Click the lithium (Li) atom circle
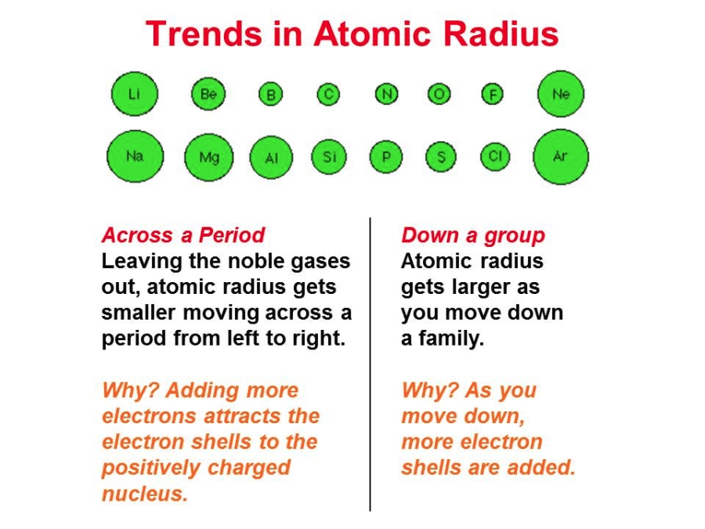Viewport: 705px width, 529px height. (135, 94)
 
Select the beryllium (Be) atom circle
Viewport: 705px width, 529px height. (208, 94)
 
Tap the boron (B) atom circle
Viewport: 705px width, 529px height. (271, 95)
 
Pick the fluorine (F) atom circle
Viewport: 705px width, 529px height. (493, 95)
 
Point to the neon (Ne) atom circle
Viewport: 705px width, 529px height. (561, 94)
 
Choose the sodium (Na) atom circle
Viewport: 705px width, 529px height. (135, 157)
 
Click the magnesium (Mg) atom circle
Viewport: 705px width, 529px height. (209, 158)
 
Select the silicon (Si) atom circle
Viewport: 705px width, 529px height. (329, 157)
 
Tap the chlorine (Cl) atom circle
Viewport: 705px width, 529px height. (495, 157)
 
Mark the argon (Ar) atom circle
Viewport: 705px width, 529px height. (561, 157)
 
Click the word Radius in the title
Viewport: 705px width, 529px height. (501, 34)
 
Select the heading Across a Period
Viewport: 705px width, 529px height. (183, 235)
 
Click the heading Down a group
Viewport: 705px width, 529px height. (473, 236)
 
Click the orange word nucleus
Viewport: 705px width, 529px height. (144, 494)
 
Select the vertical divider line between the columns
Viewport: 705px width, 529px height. (370, 364)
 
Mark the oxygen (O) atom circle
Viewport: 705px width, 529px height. (439, 94)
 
